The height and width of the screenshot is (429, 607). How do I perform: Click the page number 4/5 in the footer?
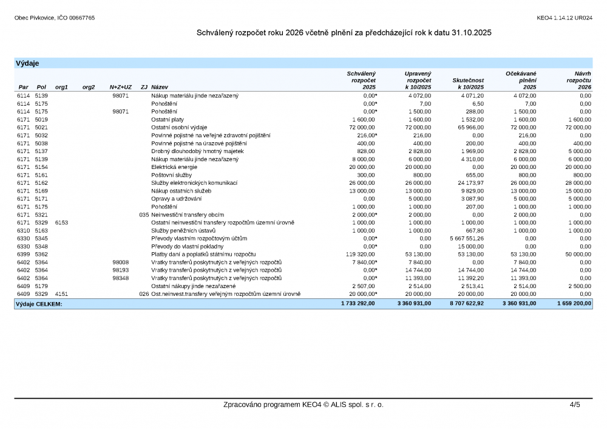click(574, 405)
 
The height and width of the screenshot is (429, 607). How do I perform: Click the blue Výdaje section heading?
click(27, 63)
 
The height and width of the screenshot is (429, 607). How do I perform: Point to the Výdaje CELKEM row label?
click(39, 303)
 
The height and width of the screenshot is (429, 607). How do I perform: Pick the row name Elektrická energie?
click(174, 167)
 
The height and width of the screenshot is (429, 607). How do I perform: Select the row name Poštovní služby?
click(171, 175)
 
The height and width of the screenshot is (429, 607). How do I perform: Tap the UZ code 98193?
click(121, 270)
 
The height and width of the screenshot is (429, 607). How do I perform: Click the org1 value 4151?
click(61, 293)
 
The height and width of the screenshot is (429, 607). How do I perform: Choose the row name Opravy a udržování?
click(176, 199)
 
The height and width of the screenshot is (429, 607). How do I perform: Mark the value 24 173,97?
click(466, 183)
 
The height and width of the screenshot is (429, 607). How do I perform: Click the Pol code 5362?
click(41, 254)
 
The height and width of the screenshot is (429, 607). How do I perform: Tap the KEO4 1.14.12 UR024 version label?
click(565, 18)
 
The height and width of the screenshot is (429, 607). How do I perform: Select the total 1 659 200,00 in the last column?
click(574, 303)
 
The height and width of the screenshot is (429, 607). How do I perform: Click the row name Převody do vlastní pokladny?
click(188, 246)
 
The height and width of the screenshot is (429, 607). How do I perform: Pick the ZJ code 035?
click(144, 214)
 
